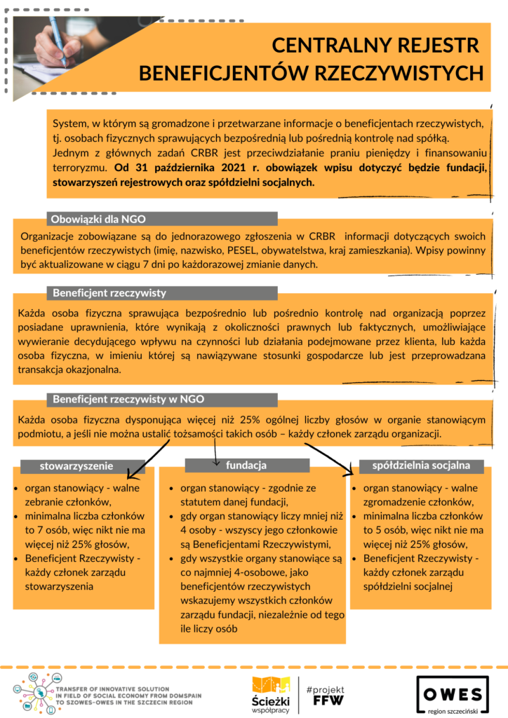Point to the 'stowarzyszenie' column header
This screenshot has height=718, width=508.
(75, 466)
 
